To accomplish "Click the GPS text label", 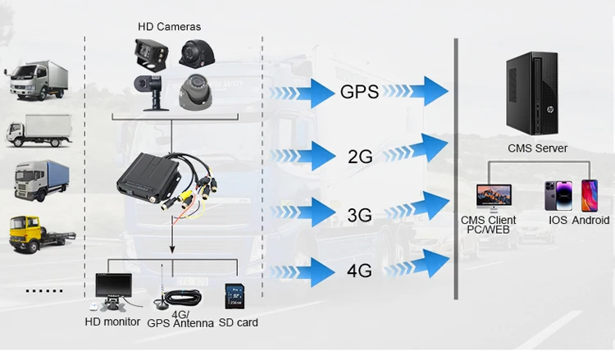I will [359, 92].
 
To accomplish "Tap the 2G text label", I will [360, 155].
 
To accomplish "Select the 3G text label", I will [359, 216].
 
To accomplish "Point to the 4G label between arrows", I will [359, 269].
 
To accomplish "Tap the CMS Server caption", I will [537, 148].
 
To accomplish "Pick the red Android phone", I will [589, 195].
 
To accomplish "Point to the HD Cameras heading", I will [169, 26].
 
